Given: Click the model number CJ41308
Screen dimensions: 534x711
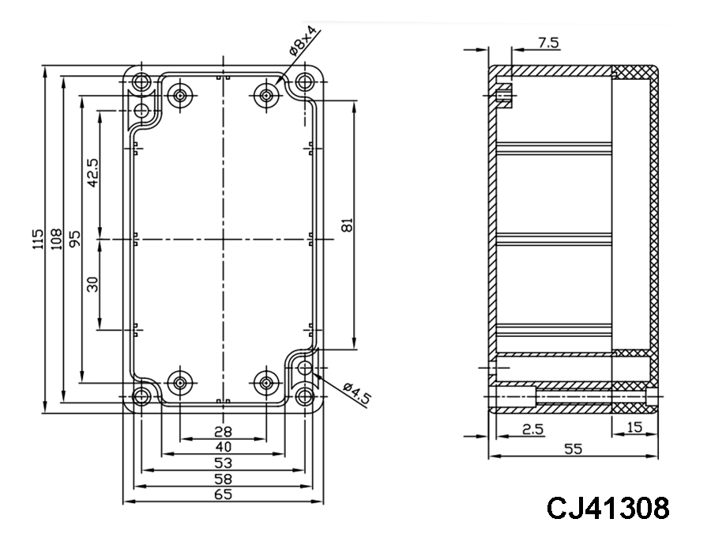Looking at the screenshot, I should tap(608, 508).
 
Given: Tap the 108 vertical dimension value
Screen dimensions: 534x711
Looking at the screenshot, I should tap(56, 239).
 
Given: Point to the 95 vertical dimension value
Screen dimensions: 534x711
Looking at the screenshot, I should tap(75, 239).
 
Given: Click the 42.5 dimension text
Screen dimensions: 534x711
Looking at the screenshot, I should tap(92, 172).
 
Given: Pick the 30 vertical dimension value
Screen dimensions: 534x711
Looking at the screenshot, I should tap(92, 284).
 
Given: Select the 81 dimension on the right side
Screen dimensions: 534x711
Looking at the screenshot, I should tap(345, 225).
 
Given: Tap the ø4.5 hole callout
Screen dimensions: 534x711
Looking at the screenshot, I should tap(357, 392).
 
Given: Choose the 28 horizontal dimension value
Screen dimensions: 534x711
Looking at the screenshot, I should tap(224, 431).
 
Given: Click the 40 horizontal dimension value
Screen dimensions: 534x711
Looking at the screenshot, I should tap(224, 447).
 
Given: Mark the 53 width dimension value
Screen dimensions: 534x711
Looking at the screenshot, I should tap(224, 463).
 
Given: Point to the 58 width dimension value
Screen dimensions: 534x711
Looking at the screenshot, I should tap(224, 479).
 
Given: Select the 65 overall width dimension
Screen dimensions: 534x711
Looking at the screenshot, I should tap(224, 495).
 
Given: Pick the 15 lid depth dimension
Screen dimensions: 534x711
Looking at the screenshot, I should tap(634, 428).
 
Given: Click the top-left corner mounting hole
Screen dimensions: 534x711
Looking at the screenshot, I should tap(142, 81).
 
